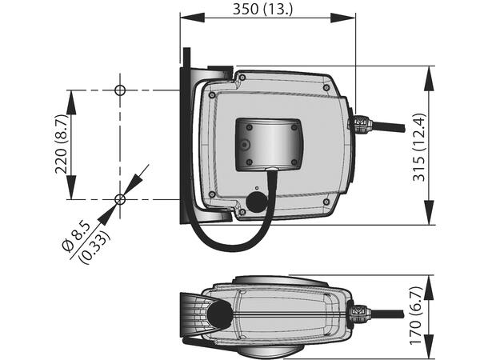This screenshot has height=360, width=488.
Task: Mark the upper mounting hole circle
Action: (120, 90)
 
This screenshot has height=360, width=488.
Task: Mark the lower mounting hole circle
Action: (120, 199)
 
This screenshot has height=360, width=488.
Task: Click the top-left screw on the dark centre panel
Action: (249, 126)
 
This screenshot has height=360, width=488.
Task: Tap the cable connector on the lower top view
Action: (358, 310)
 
